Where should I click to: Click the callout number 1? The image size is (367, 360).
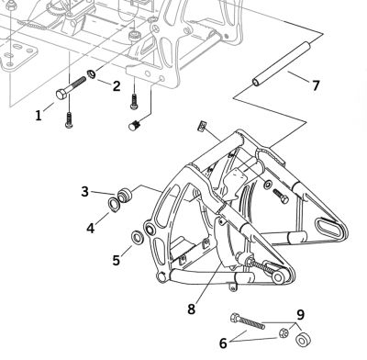(39, 115)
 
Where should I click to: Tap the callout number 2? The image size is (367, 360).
(117, 86)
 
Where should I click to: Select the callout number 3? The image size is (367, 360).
(84, 191)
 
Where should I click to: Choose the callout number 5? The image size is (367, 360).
(116, 260)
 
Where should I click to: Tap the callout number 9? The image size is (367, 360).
(299, 315)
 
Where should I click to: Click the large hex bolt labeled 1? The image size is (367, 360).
(69, 91)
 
